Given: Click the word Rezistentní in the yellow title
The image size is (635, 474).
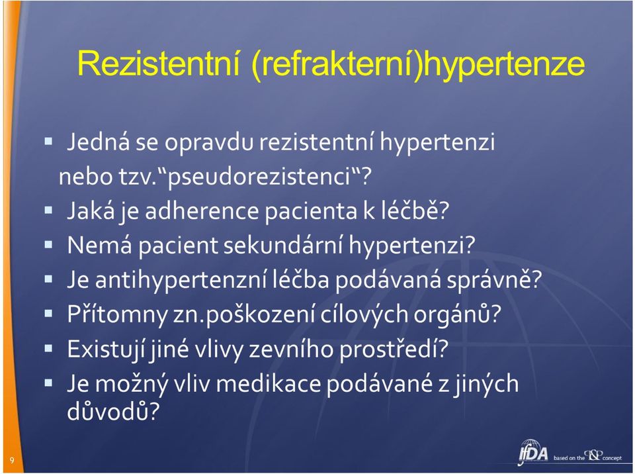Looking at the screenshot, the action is [x=158, y=64].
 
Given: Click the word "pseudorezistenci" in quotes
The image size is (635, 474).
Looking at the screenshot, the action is [x=260, y=177].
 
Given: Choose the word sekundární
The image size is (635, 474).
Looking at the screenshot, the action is [x=282, y=245].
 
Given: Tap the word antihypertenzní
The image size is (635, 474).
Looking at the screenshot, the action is [x=180, y=280].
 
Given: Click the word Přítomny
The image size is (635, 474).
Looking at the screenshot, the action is [x=117, y=314].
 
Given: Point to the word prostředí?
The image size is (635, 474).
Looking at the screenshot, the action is [x=394, y=349].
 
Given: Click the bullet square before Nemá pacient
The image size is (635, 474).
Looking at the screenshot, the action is [x=48, y=244].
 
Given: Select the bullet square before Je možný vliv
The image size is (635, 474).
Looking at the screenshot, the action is [x=48, y=383].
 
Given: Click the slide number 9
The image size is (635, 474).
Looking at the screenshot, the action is [x=12, y=460].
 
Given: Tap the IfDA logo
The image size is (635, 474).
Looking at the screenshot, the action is [x=533, y=453].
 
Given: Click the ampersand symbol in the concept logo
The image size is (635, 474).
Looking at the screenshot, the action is [x=594, y=455].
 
